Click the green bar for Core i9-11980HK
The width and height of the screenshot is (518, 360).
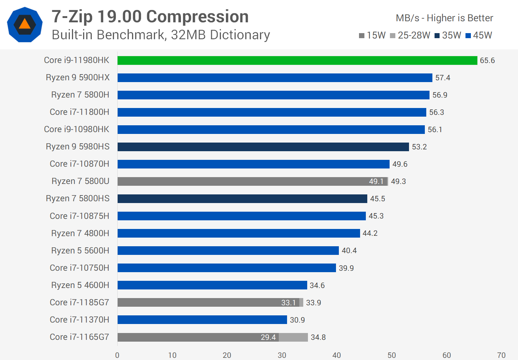point(297,60)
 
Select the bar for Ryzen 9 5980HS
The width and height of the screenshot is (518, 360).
point(263,147)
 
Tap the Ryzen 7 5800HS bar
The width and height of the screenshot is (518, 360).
point(242,199)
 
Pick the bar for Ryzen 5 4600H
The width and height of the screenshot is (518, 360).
point(212,285)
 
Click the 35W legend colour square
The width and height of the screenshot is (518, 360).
point(437,36)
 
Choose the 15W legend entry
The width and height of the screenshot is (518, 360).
point(372,35)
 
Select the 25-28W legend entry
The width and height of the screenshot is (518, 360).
point(410,35)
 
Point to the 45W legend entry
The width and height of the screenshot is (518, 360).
point(479,35)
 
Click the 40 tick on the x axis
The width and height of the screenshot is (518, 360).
point(337,355)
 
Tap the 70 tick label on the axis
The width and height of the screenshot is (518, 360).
point(501,355)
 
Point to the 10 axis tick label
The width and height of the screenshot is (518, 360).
point(172,355)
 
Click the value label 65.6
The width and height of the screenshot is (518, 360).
point(487,60)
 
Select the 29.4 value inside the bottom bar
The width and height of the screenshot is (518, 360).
point(268,337)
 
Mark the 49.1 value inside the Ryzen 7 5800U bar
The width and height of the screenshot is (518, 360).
point(376,181)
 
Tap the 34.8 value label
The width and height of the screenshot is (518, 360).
point(318,337)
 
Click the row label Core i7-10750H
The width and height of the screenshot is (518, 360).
point(79,268)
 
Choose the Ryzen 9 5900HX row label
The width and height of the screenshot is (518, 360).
point(78,78)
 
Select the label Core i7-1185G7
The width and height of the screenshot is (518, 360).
point(79,302)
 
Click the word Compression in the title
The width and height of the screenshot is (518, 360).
point(197,17)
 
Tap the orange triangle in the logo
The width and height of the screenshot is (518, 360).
point(25,24)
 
